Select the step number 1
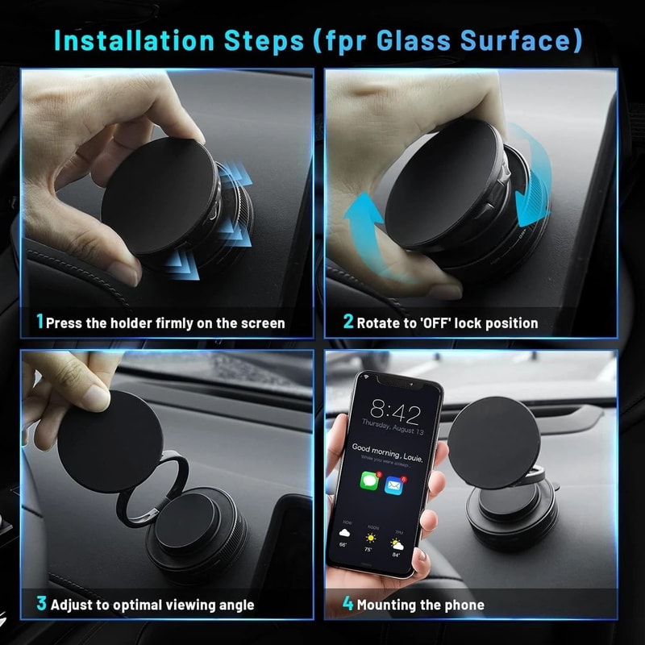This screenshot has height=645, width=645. pos(40,322)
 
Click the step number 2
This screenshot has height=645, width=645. pos(348,322)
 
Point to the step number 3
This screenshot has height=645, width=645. pos(40,604)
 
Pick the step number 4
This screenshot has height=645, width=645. pos(348,604)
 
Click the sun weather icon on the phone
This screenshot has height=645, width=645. pos(372,538)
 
